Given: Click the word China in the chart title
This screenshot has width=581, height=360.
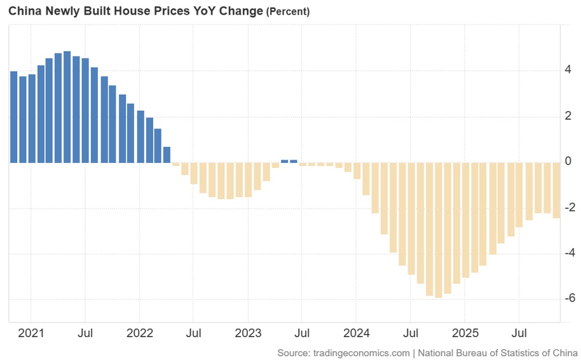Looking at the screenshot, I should pyautogui.click(x=24, y=11).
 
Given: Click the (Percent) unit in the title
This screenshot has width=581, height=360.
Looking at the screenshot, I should pyautogui.click(x=287, y=11).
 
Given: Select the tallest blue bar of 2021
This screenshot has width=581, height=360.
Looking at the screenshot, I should pyautogui.click(x=67, y=107).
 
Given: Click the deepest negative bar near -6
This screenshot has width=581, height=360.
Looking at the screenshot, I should pyautogui.click(x=438, y=230).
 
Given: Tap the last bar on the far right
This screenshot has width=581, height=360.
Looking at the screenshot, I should pyautogui.click(x=556, y=190).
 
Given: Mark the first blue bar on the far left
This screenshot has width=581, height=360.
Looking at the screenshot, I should pyautogui.click(x=13, y=117).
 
